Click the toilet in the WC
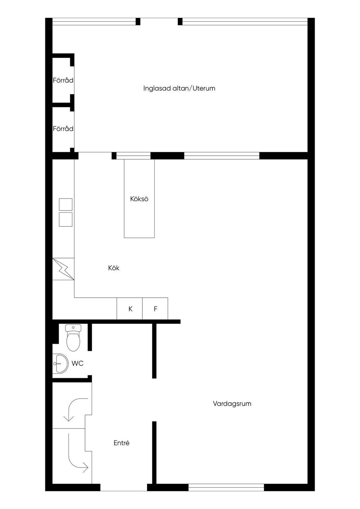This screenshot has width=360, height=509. [x=73, y=338]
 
